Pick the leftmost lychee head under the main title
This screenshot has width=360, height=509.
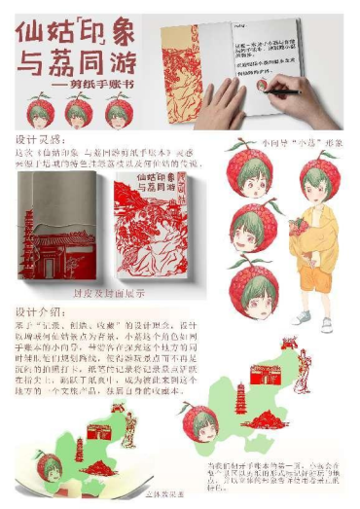40,110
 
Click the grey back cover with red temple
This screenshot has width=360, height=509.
54,229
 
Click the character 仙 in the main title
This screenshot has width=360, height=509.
30,32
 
